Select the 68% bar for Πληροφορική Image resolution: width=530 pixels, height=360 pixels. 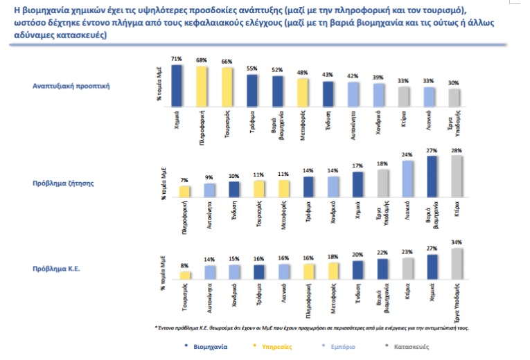[x=202, y=87]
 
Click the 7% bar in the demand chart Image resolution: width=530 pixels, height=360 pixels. [x=184, y=192]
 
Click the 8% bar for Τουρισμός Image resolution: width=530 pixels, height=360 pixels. [x=184, y=275]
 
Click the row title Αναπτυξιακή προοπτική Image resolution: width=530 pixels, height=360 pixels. [x=64, y=87]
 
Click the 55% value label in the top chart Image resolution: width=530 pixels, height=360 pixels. [x=251, y=69]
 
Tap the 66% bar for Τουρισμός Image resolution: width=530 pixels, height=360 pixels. [x=227, y=88]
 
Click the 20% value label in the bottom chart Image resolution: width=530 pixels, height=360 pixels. [x=357, y=255]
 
